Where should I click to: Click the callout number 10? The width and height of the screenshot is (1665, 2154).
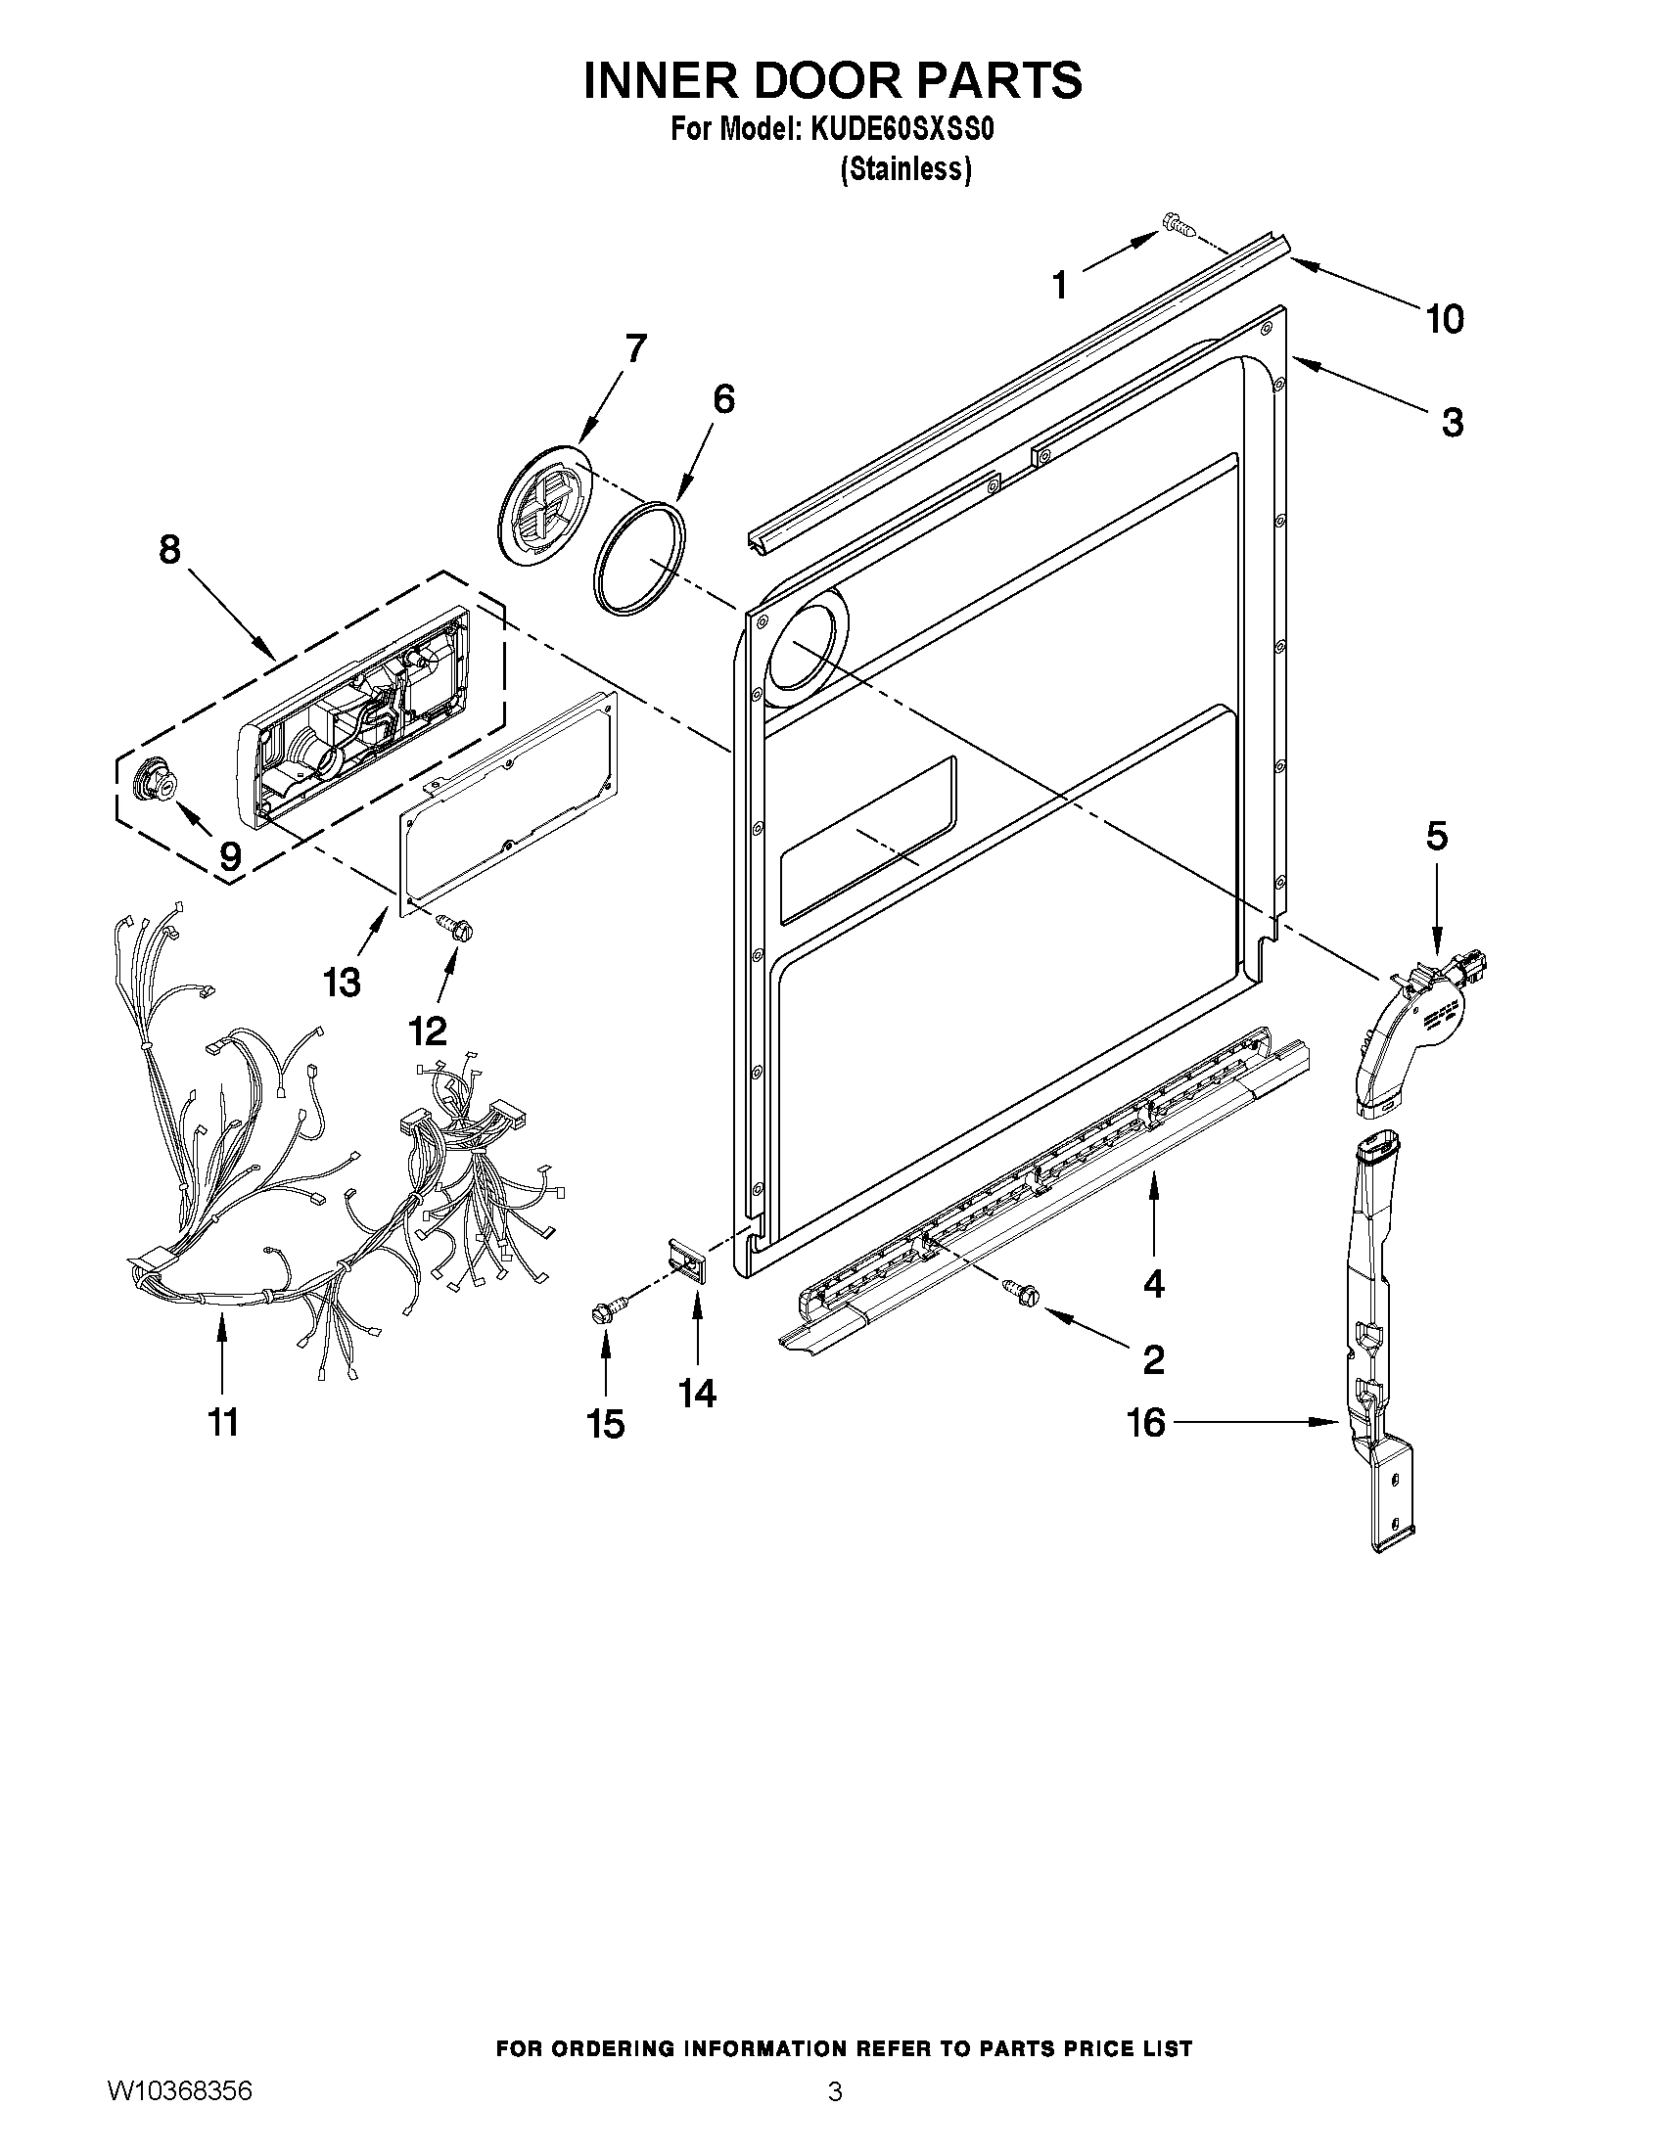[x=1445, y=320]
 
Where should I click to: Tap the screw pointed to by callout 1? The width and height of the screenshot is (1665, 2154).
[x=1179, y=225]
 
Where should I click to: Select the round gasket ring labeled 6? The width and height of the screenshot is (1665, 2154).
[x=640, y=558]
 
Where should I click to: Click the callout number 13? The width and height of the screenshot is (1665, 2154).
[x=342, y=983]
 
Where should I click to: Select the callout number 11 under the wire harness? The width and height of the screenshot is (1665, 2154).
[x=224, y=1422]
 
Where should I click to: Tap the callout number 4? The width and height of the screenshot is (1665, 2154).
[x=1153, y=1283]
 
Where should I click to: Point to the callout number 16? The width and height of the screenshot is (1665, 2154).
[x=1145, y=1423]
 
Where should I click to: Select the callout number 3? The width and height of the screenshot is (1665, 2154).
[x=1452, y=423]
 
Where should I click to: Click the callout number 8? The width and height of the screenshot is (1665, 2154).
[x=169, y=549]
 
